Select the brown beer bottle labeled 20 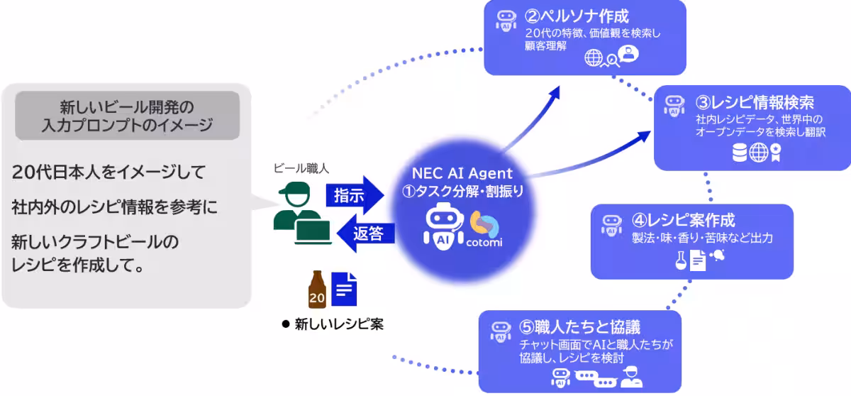[317, 289]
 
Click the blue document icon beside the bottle [344, 288]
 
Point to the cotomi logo [484, 229]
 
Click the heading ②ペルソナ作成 [577, 16]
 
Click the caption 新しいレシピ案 [338, 324]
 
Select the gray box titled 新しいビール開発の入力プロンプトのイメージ [127, 116]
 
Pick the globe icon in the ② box [593, 57]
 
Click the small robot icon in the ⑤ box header [501, 330]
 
